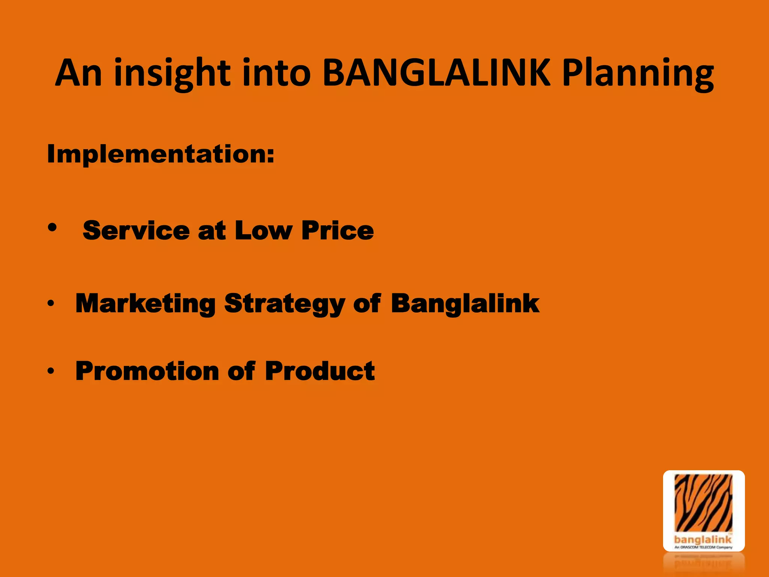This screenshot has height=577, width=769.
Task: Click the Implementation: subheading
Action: tap(161, 154)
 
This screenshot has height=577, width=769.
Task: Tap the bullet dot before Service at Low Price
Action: tap(52, 227)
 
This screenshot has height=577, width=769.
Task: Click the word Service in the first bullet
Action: tap(136, 230)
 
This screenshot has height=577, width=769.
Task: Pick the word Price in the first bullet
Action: tap(338, 230)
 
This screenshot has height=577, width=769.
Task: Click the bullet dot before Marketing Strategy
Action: tap(51, 303)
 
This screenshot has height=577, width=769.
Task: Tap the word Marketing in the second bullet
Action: tap(146, 304)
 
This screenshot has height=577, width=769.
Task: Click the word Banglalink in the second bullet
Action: tap(465, 304)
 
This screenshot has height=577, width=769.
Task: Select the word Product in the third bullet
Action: tap(320, 371)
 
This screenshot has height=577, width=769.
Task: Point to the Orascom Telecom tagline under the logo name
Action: tap(703, 547)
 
